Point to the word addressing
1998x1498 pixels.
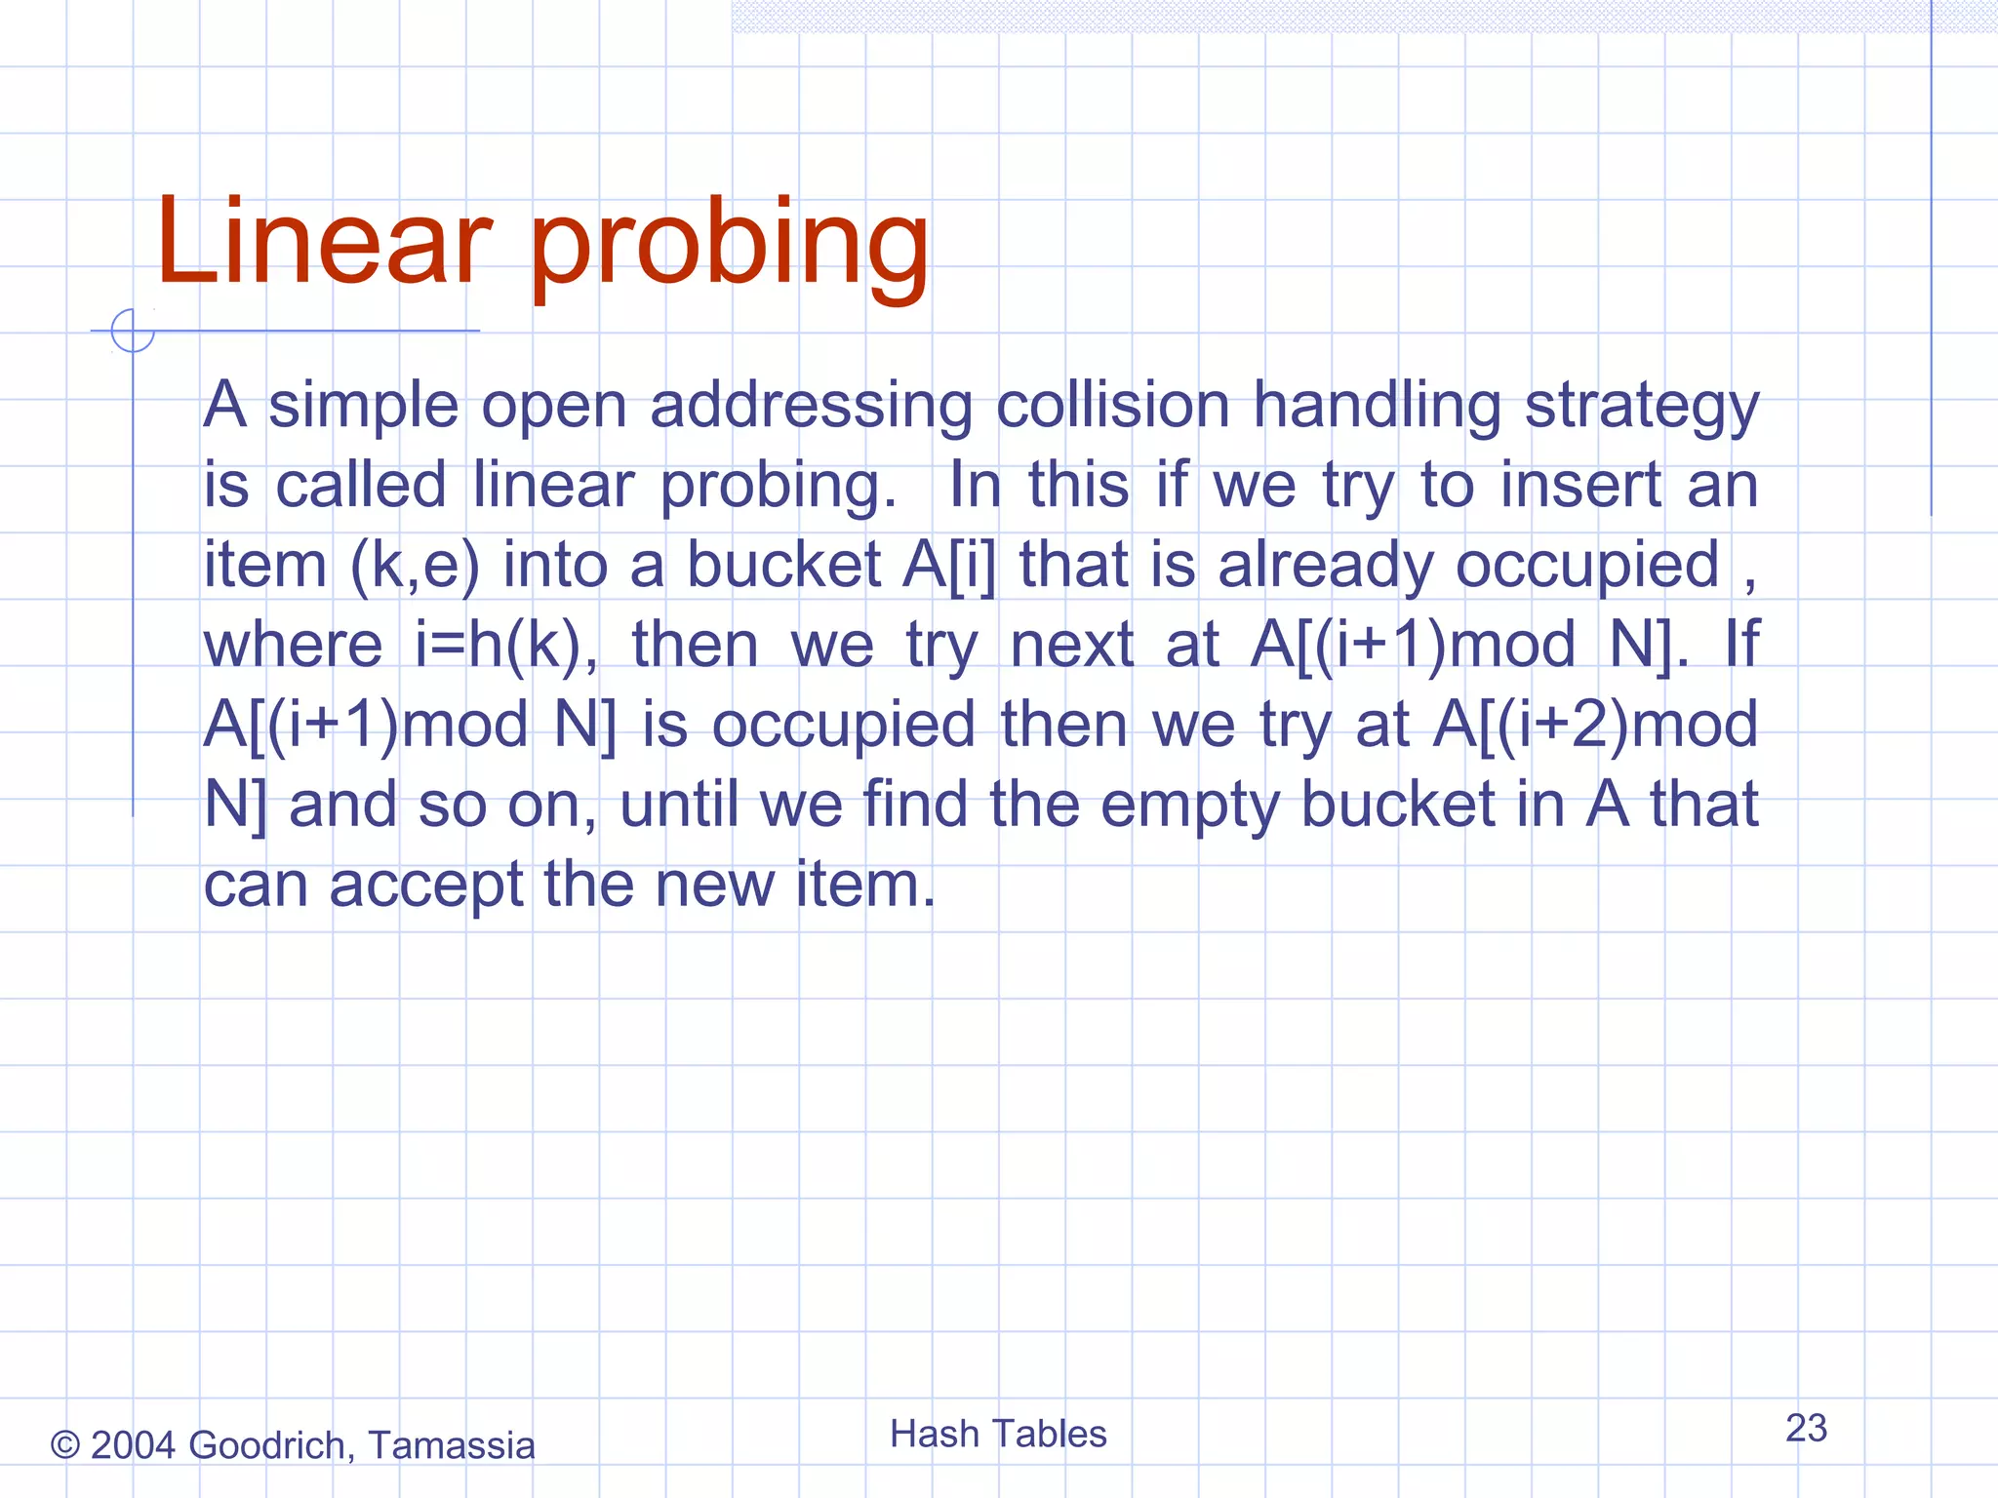pos(811,408)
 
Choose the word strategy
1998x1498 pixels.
pos(1642,408)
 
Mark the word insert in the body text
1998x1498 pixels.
pos(1580,485)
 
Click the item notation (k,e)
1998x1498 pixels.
pos(415,566)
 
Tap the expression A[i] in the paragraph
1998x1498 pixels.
pos(949,566)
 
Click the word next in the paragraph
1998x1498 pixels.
pos(1071,646)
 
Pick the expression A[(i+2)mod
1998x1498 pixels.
pos(1595,726)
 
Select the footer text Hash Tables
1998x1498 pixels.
pos(998,1434)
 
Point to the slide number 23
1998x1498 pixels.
pos(1806,1428)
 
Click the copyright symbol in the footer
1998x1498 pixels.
pos(64,1445)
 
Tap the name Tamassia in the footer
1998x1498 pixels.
pos(451,1445)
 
